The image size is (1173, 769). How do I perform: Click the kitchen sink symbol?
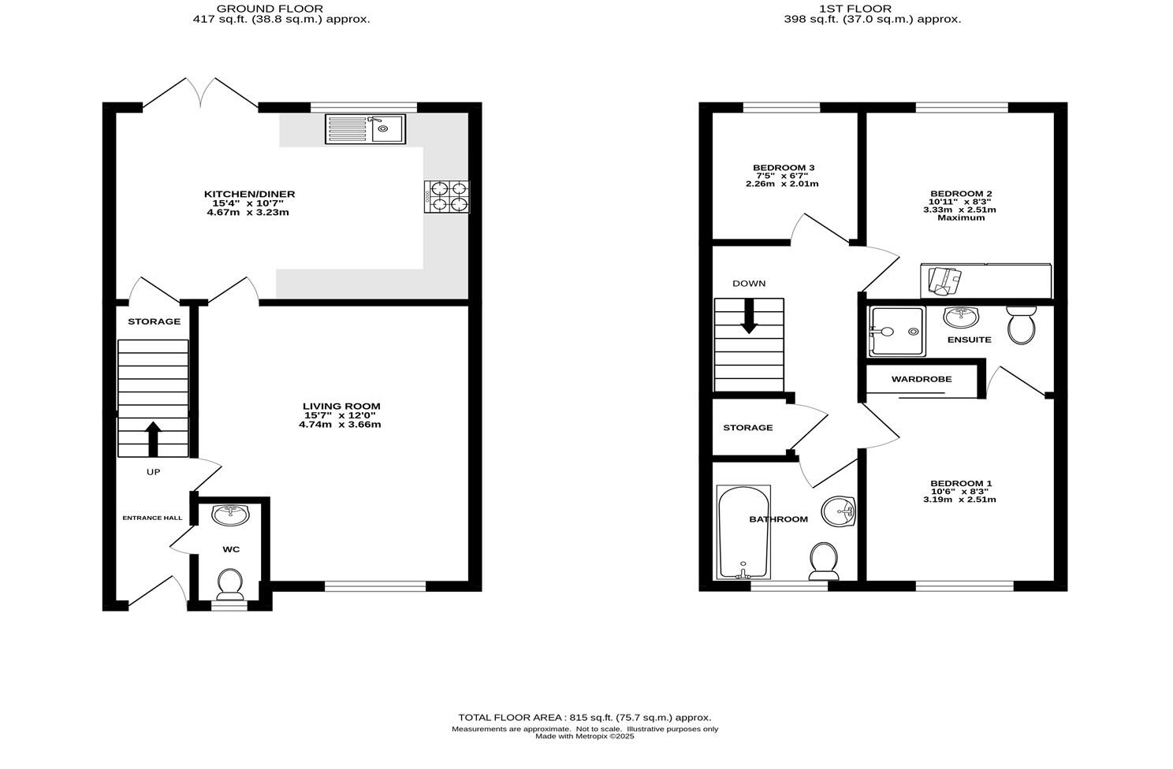[x=365, y=128]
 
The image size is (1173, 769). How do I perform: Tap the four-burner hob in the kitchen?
[x=448, y=196]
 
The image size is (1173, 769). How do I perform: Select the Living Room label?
[x=342, y=407]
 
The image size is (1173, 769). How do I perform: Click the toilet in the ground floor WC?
[x=230, y=584]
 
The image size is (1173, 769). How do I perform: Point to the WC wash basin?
[x=231, y=515]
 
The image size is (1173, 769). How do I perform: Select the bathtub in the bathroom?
[x=743, y=532]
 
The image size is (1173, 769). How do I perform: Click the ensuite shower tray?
[x=896, y=331]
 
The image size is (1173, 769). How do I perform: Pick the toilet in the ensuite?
[x=1022, y=325]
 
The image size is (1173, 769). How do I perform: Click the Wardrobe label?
[x=922, y=379]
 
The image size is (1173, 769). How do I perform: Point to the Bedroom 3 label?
[x=784, y=168]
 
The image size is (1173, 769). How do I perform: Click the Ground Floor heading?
[x=281, y=9]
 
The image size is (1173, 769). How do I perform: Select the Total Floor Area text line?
[x=585, y=718]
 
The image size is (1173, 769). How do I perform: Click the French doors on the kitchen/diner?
[x=200, y=94]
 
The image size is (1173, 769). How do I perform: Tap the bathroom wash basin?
[x=839, y=511]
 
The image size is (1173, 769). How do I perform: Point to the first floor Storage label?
[x=748, y=428]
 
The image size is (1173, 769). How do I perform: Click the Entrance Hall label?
[x=152, y=518]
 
